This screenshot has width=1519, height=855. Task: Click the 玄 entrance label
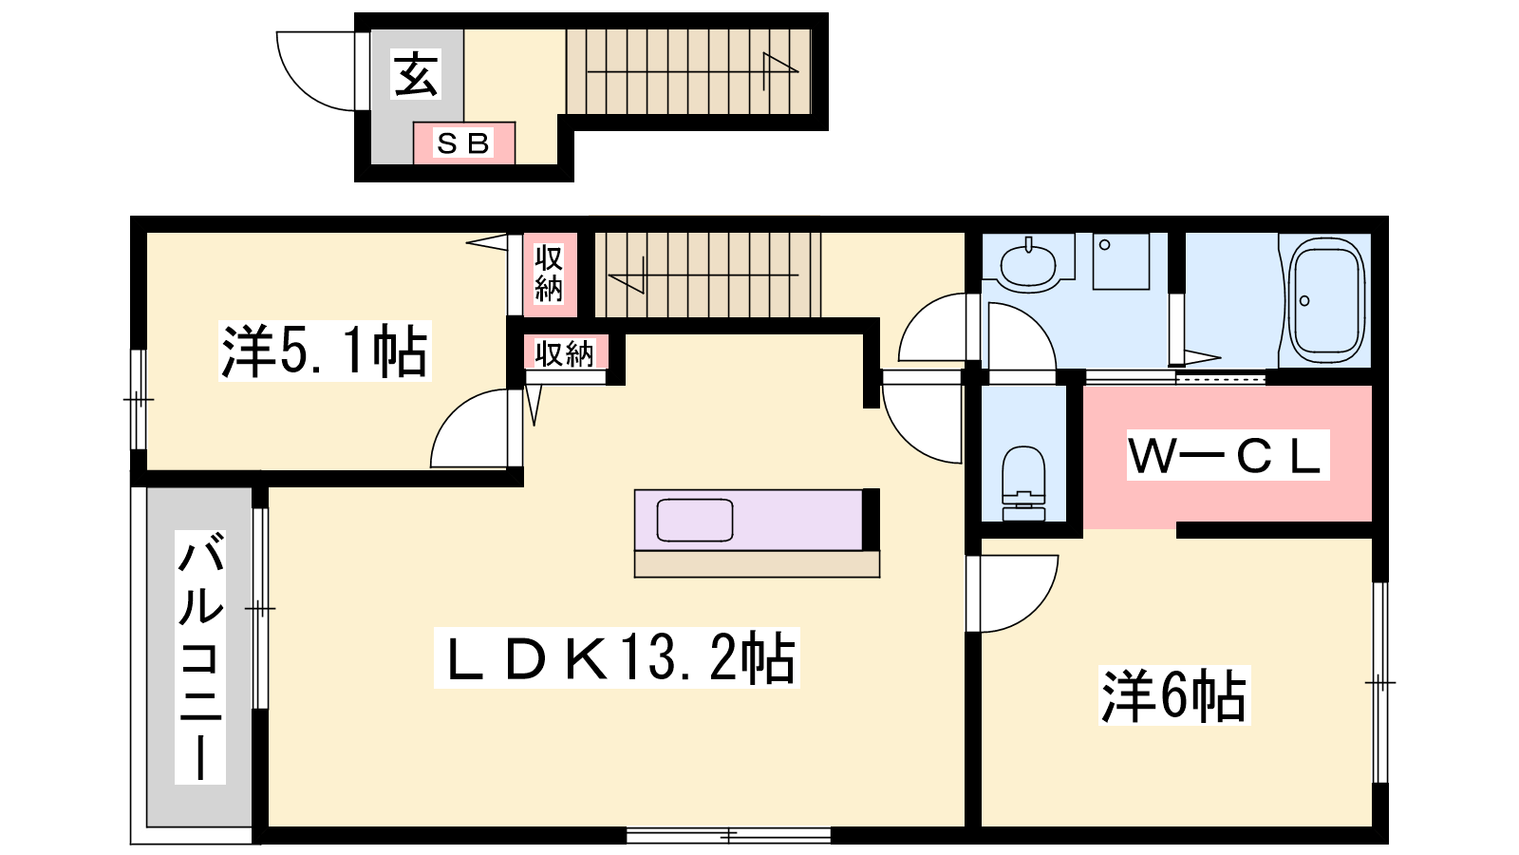click(x=416, y=74)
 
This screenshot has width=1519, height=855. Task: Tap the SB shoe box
click(x=464, y=143)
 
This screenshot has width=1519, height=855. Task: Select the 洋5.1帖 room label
click(x=325, y=351)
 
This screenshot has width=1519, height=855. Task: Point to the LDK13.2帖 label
click(x=617, y=657)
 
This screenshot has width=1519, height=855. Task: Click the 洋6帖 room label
click(x=1174, y=696)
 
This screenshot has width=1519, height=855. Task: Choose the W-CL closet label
click(x=1228, y=455)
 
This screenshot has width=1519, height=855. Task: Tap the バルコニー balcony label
click(x=200, y=656)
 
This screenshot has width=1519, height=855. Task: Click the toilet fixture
click(x=1023, y=483)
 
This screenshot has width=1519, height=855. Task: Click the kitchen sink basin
click(x=694, y=520)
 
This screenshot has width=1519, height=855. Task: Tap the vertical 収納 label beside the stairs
click(x=549, y=275)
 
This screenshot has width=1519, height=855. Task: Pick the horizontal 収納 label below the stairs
click(x=564, y=353)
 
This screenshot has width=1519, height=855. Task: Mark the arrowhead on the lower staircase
click(x=627, y=275)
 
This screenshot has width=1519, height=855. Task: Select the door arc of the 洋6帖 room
click(x=1034, y=606)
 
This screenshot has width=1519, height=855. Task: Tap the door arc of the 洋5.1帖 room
click(x=453, y=412)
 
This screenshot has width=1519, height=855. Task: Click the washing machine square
click(x=1121, y=262)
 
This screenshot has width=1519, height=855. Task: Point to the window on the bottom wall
click(x=728, y=835)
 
